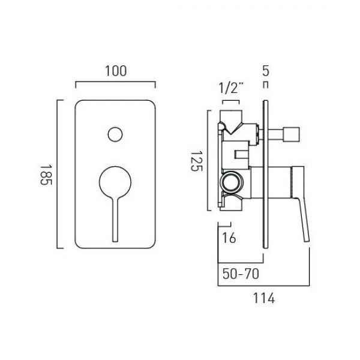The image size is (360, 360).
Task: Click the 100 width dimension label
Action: click(x=116, y=71)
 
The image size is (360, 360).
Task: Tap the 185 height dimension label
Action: click(x=46, y=175)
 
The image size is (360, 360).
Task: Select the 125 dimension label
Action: click(x=197, y=161)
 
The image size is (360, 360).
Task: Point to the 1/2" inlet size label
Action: click(x=231, y=88)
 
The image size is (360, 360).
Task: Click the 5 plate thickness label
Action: click(x=265, y=71)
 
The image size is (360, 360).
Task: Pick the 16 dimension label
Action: click(x=229, y=238)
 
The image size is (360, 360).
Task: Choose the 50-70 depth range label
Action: click(x=241, y=274)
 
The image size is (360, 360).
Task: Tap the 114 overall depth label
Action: click(x=264, y=298)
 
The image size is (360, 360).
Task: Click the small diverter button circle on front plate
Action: click(x=115, y=134)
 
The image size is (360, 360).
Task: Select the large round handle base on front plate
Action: click(x=115, y=182)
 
